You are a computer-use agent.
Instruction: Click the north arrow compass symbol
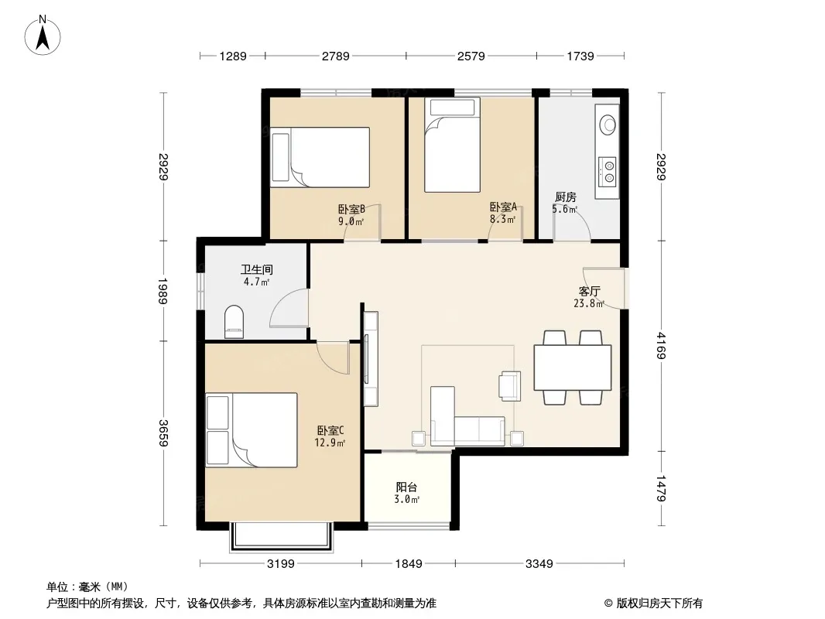tap(43, 36)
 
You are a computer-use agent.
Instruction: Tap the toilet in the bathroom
tap(234, 321)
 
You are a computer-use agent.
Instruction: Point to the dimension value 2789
tap(336, 56)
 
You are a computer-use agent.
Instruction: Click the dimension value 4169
tap(661, 346)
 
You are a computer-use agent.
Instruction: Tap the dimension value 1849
tap(409, 564)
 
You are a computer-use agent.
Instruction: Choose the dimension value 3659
tap(163, 433)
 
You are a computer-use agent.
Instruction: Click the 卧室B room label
tap(351, 209)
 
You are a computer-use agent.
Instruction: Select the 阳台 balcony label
tap(407, 487)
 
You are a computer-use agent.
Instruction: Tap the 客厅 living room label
tap(589, 291)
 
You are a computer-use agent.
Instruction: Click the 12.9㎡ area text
tap(330, 443)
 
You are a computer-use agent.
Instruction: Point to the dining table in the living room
tap(573, 367)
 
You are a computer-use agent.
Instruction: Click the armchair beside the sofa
tap(510, 386)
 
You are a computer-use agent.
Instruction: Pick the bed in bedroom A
tap(453, 145)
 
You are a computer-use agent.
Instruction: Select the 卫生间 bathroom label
tap(257, 269)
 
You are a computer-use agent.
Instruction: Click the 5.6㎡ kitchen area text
tap(564, 210)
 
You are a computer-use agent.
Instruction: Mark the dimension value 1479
tap(661, 488)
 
